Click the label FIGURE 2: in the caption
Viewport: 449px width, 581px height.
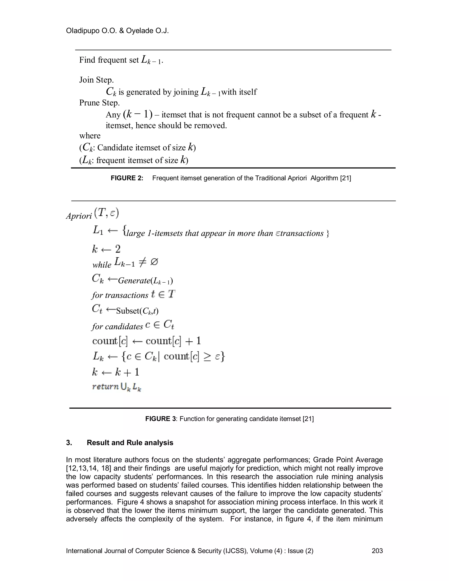coord(127,178)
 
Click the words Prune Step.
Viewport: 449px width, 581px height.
coord(100,103)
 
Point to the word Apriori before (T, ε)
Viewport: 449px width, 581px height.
coord(79,216)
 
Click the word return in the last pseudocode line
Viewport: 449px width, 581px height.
coord(105,386)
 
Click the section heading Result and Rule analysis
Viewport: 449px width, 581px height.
coord(130,443)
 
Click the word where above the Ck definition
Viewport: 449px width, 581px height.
coord(90,136)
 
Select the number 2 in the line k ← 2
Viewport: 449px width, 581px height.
coord(118,249)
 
